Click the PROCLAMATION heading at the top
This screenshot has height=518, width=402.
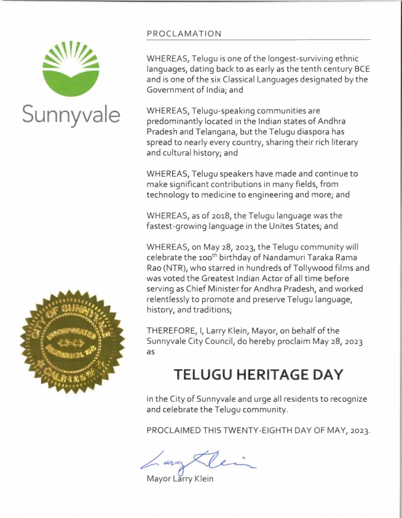tap(184, 33)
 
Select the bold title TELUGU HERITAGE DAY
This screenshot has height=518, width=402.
tap(258, 374)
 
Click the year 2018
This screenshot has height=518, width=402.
tap(218, 216)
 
